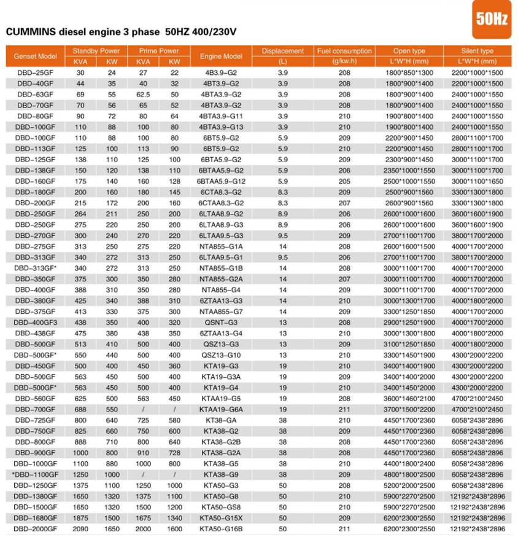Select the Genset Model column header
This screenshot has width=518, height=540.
pos(36,57)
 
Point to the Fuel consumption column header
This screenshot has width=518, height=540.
pos(344,51)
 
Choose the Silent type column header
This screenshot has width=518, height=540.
pos(477,51)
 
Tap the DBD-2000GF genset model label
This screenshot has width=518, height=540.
pos(36,528)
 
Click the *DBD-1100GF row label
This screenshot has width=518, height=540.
pos(35,475)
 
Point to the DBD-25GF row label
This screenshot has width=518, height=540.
pos(36,73)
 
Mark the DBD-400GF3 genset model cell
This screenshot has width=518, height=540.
pos(36,322)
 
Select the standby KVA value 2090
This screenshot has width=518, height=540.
pos(80,528)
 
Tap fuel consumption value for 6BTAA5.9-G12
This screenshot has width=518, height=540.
pos(344,182)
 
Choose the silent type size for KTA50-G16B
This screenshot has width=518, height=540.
pos(477,528)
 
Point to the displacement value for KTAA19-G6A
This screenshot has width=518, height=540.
pos(283,409)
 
